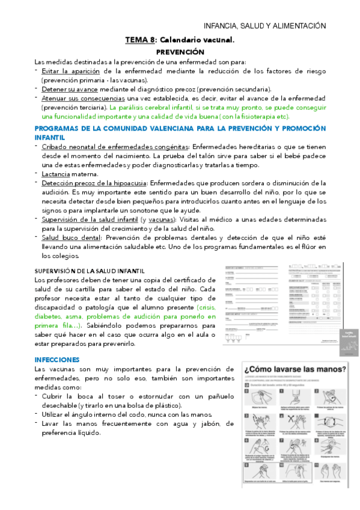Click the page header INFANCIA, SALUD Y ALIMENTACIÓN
pos(264,25)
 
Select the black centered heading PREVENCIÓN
pos(180,52)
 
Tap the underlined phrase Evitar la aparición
pos(66,70)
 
